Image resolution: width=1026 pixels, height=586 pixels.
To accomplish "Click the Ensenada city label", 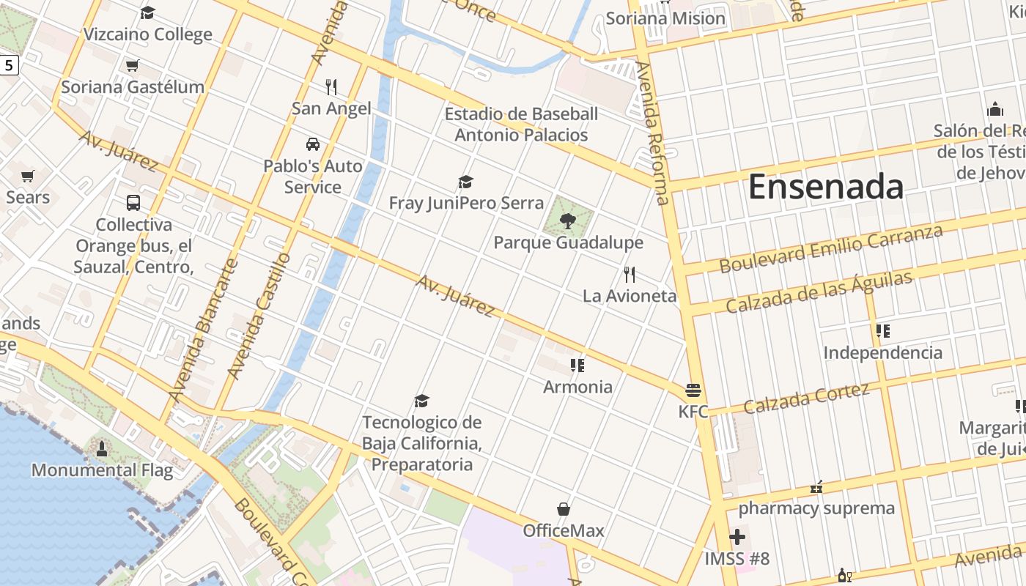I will pos(825,187).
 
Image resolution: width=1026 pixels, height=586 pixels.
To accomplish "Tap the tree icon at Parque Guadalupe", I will pos(567,220).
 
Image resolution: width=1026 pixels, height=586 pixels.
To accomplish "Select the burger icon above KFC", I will pos(693,390).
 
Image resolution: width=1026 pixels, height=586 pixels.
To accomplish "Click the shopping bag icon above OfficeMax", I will pos(564,509).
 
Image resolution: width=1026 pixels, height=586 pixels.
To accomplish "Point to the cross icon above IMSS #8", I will pos(737,538).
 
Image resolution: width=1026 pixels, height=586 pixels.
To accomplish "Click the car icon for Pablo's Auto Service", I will pos(313,144).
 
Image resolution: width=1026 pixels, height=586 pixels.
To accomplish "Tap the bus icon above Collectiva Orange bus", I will pos(133,203).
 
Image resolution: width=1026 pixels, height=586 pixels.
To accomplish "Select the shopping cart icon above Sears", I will pos(28,176).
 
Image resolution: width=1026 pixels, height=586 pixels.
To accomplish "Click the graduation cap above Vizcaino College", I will pos(148,12).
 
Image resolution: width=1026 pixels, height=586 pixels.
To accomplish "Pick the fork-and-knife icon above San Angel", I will pos(331,87).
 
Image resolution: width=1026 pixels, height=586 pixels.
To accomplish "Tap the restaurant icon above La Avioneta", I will pos(630,275).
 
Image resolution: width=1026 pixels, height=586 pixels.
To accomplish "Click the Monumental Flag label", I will pos(102,470).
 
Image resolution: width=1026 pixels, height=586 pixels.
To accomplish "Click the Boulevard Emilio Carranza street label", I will pos(830,249).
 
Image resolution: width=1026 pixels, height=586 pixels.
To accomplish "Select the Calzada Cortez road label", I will pos(806,398).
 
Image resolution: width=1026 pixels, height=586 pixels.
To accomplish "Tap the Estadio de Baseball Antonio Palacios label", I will pos(521,125).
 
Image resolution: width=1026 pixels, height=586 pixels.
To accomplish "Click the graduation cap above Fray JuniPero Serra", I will pos(465,182).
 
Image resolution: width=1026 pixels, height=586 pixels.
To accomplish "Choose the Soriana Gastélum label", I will pos(133,87).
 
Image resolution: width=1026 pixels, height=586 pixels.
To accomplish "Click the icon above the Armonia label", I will pos(577,365).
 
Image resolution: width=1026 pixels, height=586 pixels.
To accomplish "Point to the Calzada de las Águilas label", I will pos(819,292).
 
